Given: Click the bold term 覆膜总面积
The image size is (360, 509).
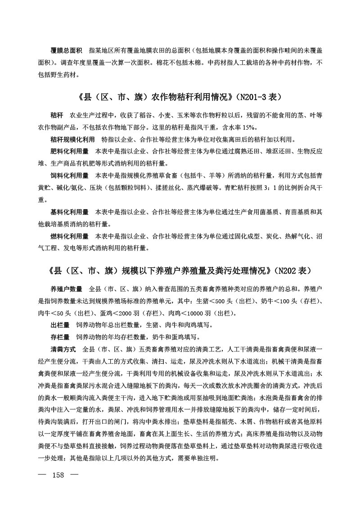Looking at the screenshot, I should pos(66,50).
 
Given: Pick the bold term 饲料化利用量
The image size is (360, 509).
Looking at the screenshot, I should pos(69,175).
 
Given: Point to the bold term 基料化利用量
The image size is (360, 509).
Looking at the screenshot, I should pos(69,212).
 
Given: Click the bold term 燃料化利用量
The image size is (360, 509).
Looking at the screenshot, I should pos(69,236).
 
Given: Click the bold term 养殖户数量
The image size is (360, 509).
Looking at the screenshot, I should pos(66,289).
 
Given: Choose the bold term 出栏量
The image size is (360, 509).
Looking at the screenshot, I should pos(60,325).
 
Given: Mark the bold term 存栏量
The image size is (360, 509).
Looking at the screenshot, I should pos(60,337).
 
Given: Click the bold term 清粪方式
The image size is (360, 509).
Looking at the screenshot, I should pos(63,349).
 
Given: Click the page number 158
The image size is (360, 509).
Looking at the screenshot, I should pos(60,488).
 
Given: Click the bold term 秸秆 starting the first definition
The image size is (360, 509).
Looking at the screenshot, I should pos(57,115).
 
